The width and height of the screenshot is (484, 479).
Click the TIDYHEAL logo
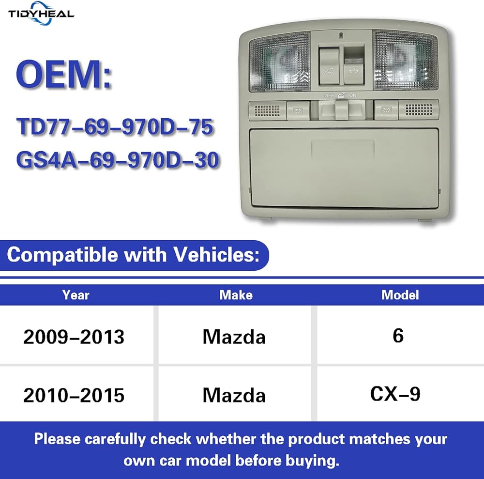[41, 14]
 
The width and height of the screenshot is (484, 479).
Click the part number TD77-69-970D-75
[115, 126]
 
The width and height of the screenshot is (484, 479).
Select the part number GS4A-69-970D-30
[118, 160]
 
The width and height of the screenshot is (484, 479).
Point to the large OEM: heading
[63, 75]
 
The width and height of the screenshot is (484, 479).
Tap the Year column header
[76, 295]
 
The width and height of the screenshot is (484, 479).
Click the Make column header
[236, 295]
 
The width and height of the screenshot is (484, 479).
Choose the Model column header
[400, 295]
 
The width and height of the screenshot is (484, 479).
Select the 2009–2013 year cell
[74, 337]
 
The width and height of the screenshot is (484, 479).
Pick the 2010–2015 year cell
[74, 395]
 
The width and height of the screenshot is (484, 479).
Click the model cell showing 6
[398, 335]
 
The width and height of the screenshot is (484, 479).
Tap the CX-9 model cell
[395, 394]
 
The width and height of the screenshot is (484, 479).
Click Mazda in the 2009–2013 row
[234, 337]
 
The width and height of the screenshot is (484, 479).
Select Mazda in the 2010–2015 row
[234, 395]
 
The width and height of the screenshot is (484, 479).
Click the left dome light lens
[280, 62]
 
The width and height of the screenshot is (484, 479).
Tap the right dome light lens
[405, 60]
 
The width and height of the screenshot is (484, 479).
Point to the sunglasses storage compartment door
[344, 168]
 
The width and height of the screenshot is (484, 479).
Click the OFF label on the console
[329, 95]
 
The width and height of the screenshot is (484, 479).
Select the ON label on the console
[352, 95]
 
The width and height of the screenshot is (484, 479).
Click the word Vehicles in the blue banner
[216, 255]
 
